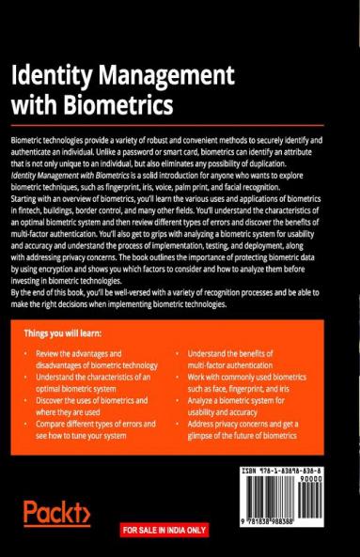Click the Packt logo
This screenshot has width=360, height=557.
(56, 514)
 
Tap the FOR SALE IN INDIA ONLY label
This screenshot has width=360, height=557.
(164, 531)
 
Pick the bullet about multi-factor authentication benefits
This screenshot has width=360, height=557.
(234, 361)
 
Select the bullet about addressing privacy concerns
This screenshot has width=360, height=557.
(248, 429)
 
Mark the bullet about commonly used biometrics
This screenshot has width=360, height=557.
(246, 383)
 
